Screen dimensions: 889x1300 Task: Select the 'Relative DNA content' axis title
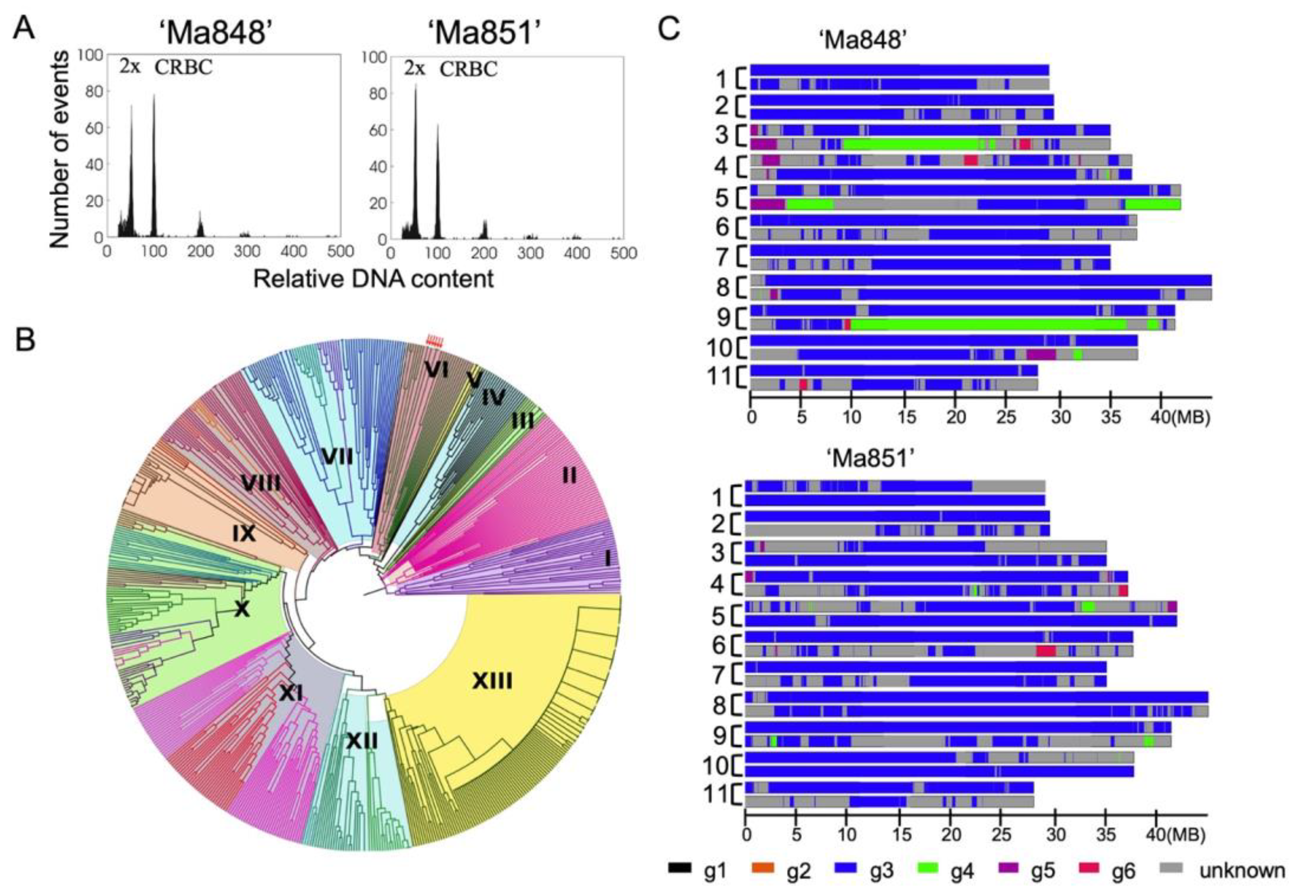tap(373, 278)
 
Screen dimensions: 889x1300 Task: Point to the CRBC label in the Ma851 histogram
tap(468, 69)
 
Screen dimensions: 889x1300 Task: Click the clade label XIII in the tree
tap(492, 681)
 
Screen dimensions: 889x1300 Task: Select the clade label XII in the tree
tap(362, 742)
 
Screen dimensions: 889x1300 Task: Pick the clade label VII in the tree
tap(337, 457)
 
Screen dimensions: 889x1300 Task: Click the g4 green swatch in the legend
tap(930, 868)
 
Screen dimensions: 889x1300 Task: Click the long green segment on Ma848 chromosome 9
tap(987, 324)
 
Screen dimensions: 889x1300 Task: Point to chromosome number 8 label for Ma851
tap(718, 706)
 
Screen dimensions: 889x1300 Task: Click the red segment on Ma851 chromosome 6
tap(1045, 651)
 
